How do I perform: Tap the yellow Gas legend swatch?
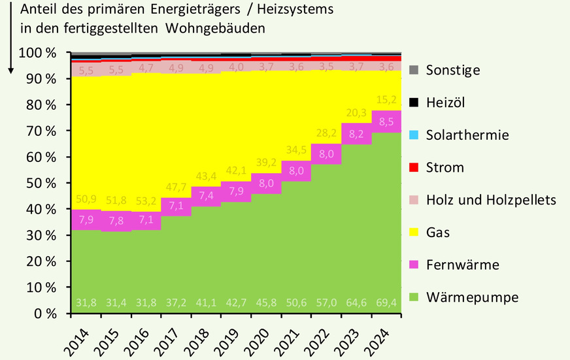click(413, 233)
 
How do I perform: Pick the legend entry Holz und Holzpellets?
click(490, 200)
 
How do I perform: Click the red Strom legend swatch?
click(413, 167)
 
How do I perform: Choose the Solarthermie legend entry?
click(467, 135)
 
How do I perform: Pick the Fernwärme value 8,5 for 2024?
click(386, 121)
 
